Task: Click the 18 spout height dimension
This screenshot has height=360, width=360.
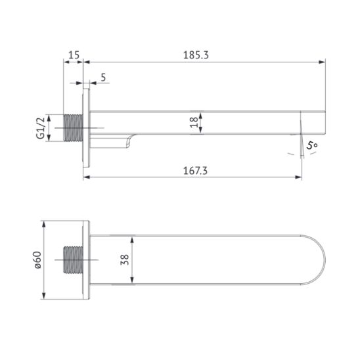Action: click(x=191, y=122)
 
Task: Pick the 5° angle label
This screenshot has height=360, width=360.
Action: click(x=311, y=145)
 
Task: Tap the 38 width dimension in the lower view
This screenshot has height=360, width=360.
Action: click(x=125, y=261)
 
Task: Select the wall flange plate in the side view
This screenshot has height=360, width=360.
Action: click(x=86, y=127)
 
